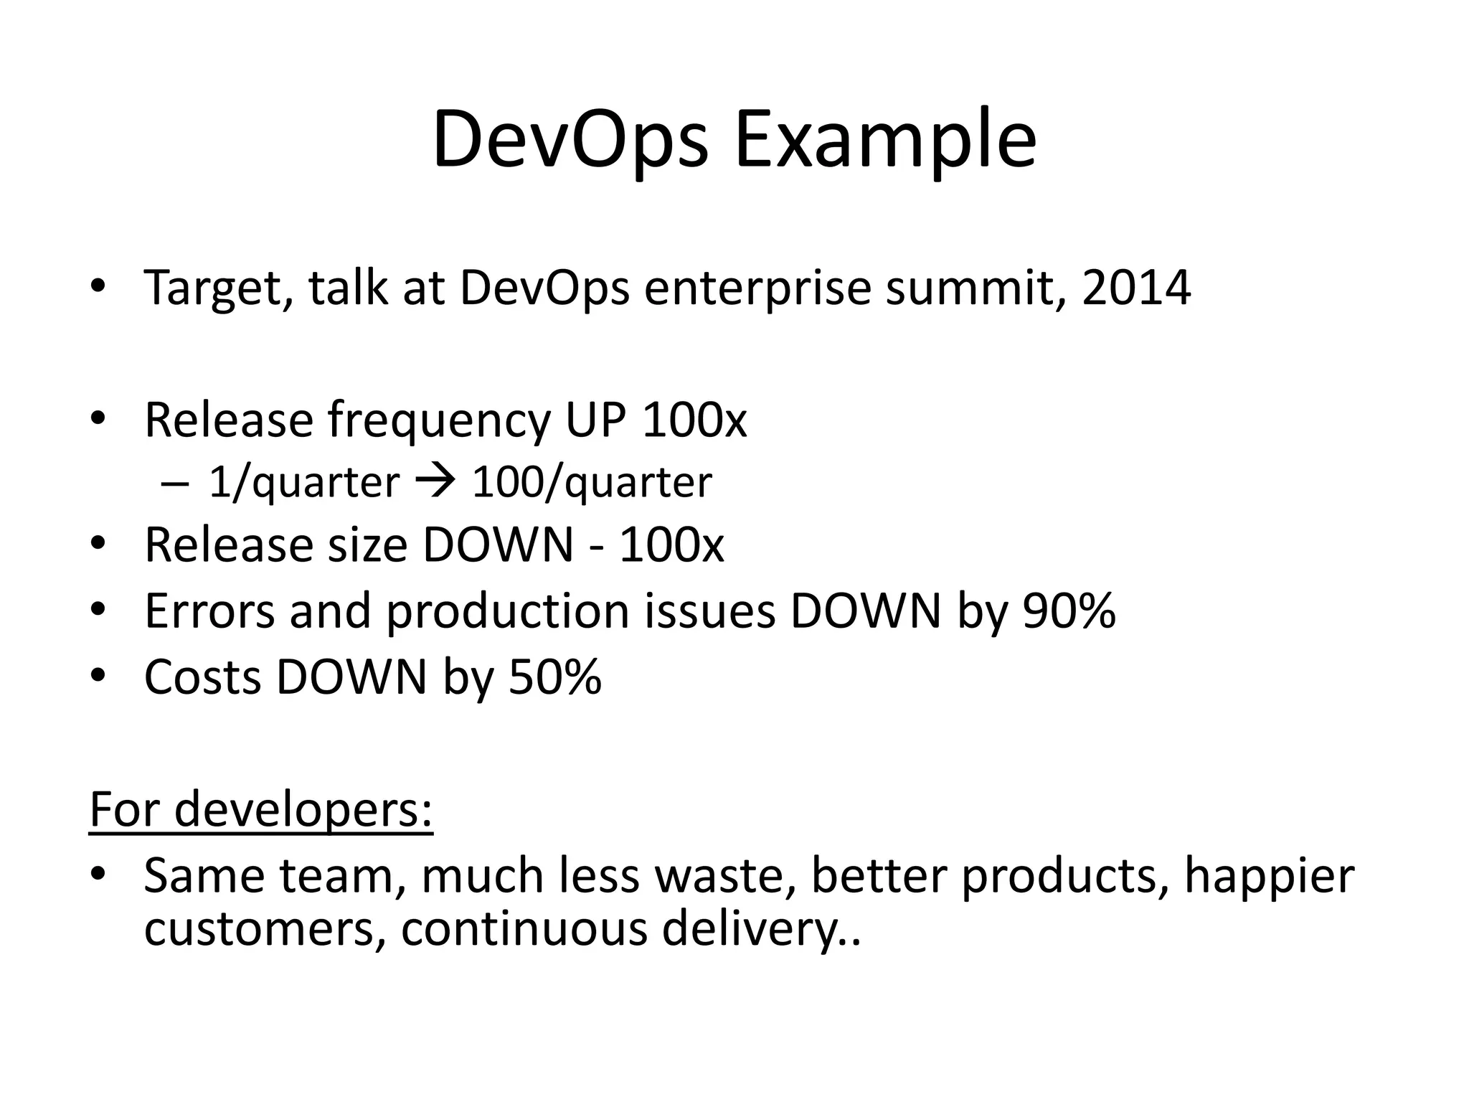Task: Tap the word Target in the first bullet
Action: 217,288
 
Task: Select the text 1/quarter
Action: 303,482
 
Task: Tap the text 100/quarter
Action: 592,482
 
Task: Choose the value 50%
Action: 554,677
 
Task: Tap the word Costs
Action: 202,677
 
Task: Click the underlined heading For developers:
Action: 261,809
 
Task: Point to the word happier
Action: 1268,877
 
